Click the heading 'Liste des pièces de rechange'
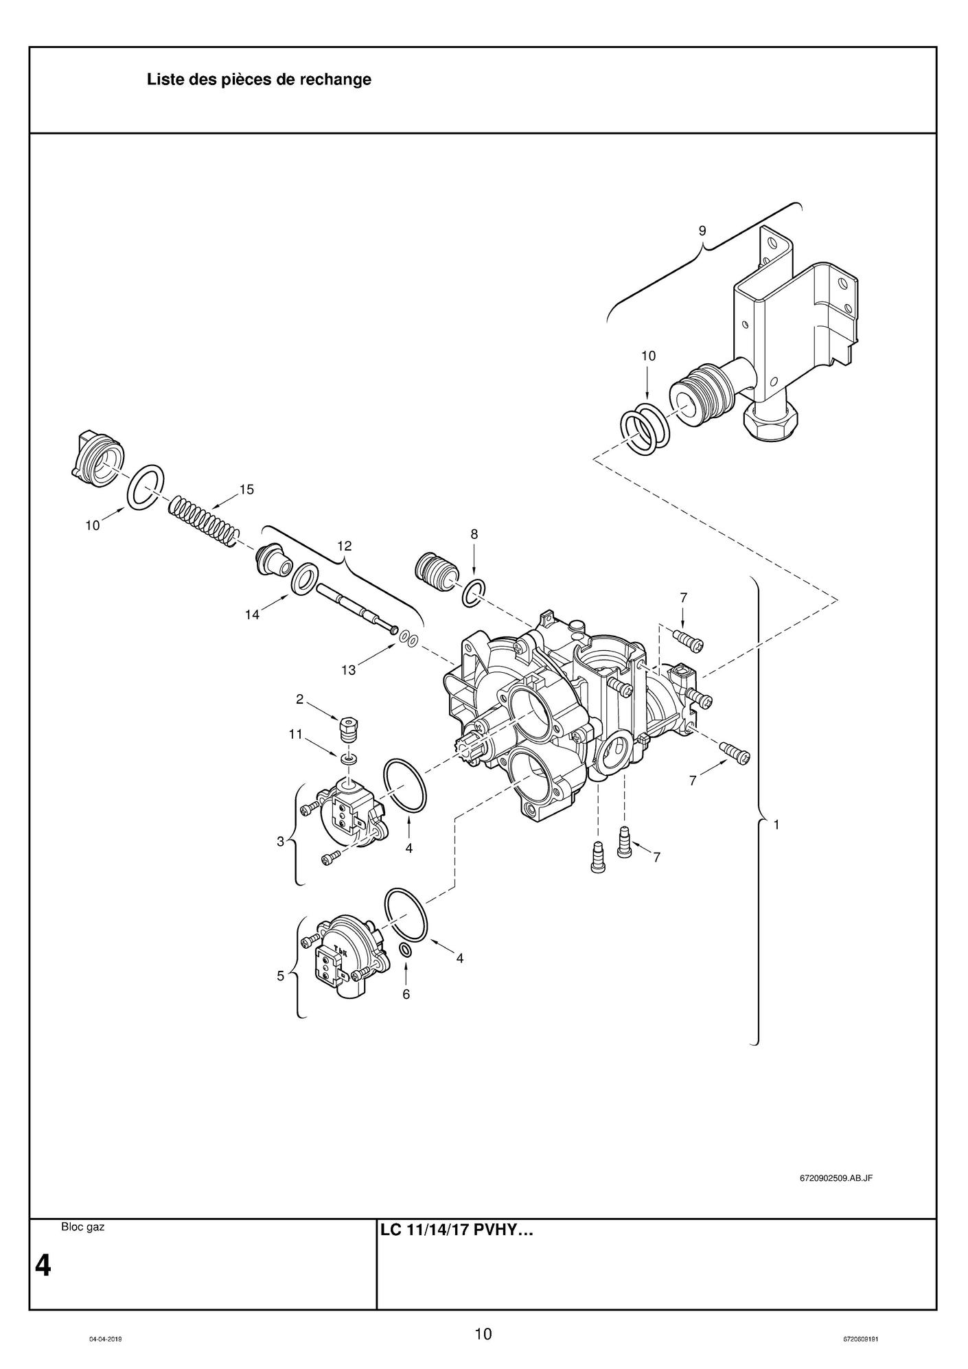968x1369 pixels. (x=259, y=80)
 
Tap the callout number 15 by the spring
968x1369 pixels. (x=246, y=490)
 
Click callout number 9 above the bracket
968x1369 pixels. (x=702, y=231)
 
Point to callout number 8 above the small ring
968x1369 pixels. (x=474, y=534)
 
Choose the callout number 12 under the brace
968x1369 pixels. (x=345, y=546)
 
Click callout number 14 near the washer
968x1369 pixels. (x=253, y=615)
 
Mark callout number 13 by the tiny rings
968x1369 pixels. (x=349, y=670)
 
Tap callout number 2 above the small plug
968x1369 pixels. (x=299, y=700)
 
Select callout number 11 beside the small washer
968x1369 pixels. (x=295, y=734)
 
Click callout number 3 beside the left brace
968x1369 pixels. (x=280, y=841)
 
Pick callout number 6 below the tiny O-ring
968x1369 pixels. (x=406, y=993)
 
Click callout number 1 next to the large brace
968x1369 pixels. (x=776, y=825)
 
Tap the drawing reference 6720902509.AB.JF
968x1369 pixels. (x=836, y=1178)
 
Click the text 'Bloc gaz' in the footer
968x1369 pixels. (x=83, y=1227)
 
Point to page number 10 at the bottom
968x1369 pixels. (x=483, y=1334)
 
